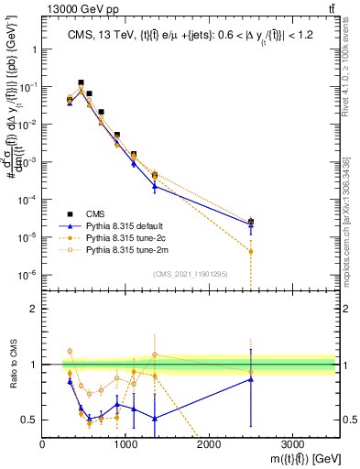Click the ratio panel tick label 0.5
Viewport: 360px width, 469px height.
(28, 420)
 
